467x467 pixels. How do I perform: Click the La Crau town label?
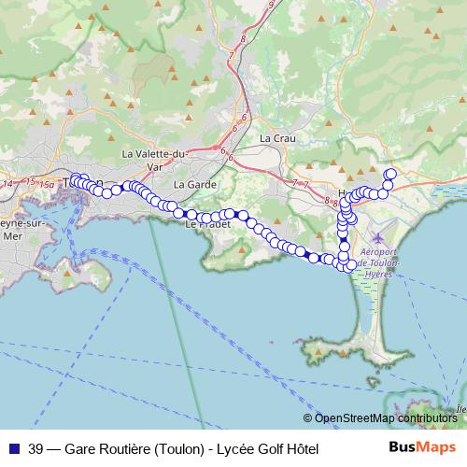tap(277, 138)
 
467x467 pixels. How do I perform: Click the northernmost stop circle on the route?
tap(390, 174)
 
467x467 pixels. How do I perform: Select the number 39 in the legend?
tap(36, 448)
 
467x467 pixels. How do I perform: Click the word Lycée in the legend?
tap(234, 448)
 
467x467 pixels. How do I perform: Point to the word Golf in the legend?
tap(266, 448)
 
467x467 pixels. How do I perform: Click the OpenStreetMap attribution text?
tap(384, 418)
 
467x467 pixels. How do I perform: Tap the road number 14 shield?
tap(8, 184)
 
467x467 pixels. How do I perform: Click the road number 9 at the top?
tap(270, 6)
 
